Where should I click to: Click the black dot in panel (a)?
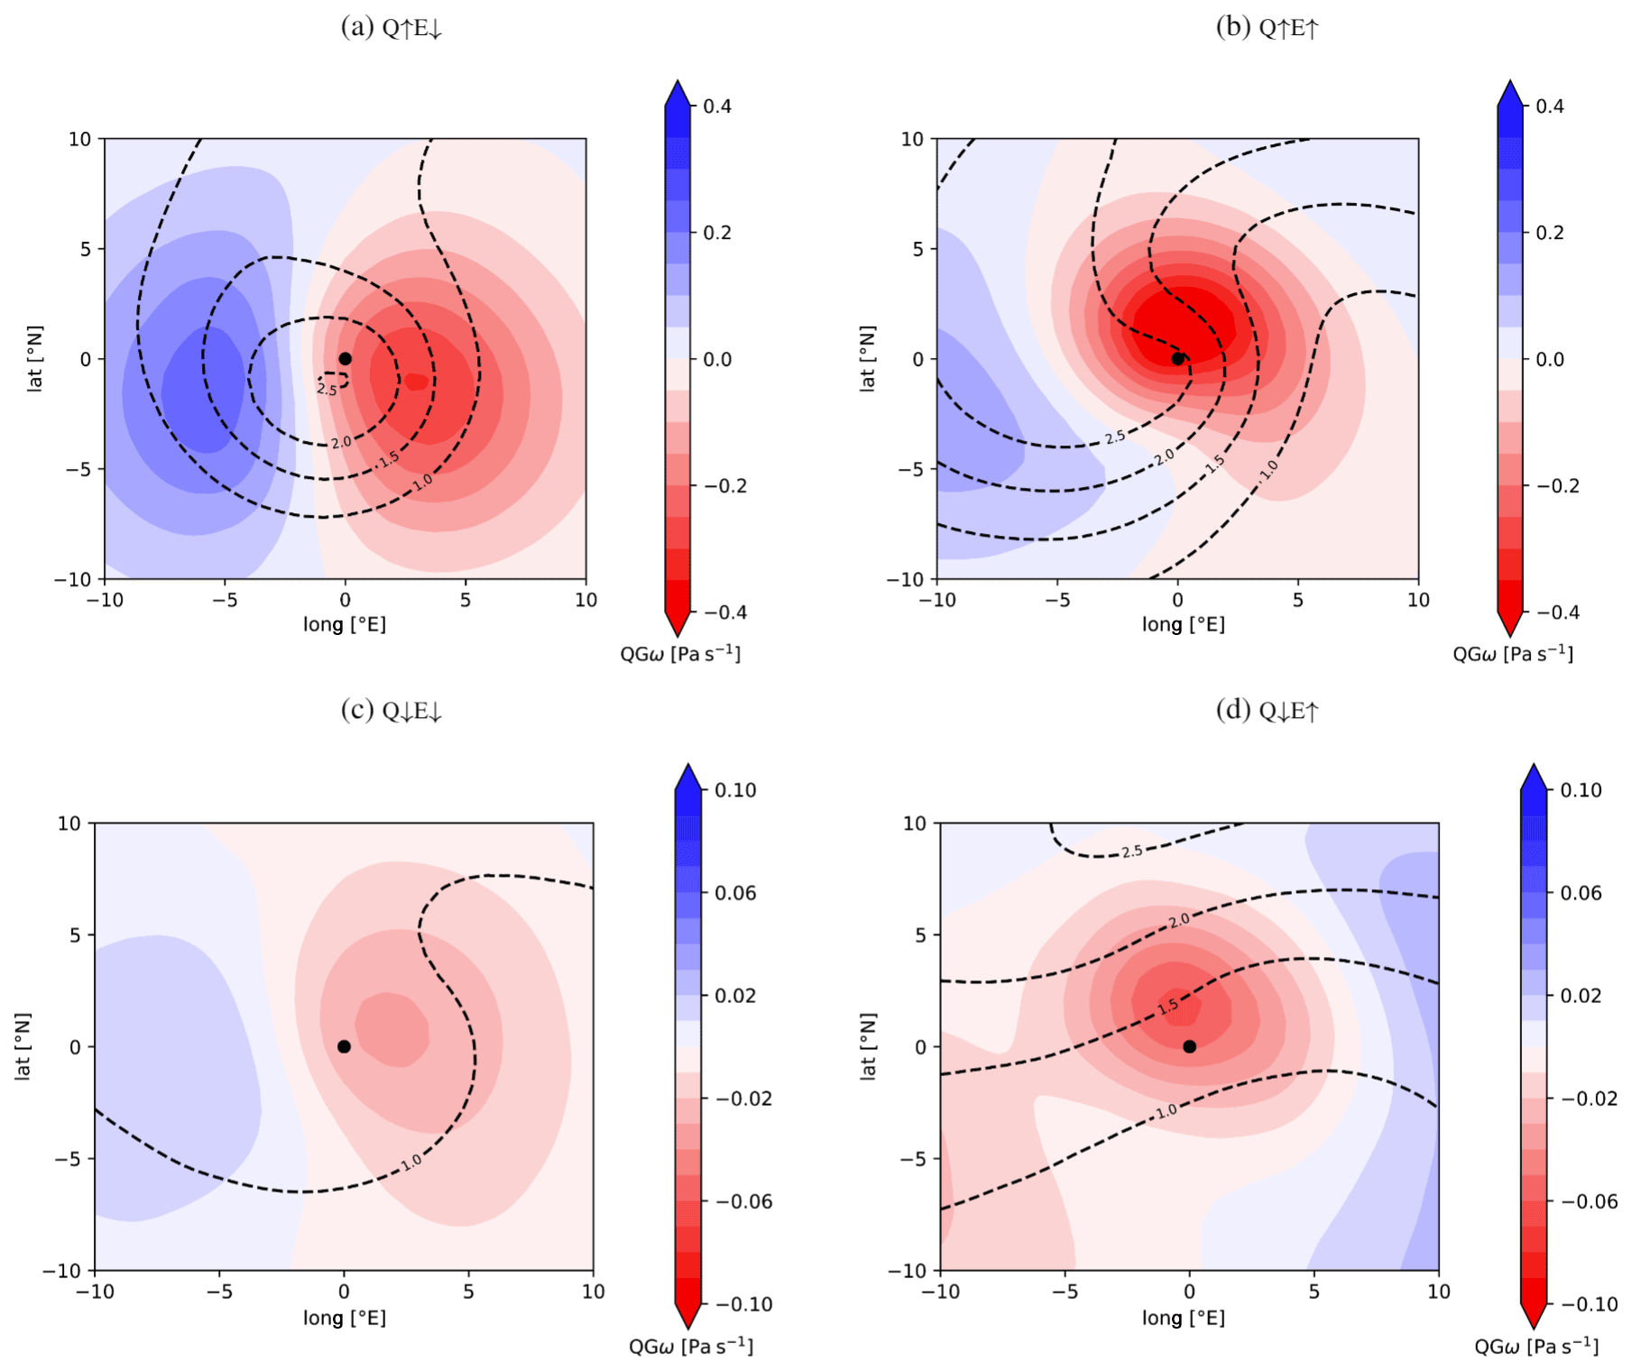pyautogui.click(x=345, y=359)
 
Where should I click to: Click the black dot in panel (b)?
pyautogui.click(x=1177, y=359)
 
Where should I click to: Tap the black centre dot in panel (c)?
pyautogui.click(x=344, y=1046)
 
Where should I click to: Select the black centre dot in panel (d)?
pyautogui.click(x=1190, y=1046)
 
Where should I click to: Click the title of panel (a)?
pyautogui.click(x=392, y=28)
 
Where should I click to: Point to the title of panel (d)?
pyautogui.click(x=1268, y=711)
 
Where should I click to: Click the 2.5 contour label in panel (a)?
pyautogui.click(x=327, y=390)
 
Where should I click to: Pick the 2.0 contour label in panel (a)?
pyautogui.click(x=341, y=443)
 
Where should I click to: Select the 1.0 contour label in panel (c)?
pyautogui.click(x=411, y=1163)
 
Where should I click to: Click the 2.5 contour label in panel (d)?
pyautogui.click(x=1132, y=851)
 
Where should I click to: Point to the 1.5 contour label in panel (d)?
pyautogui.click(x=1168, y=1006)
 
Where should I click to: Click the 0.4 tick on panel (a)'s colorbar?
pyautogui.click(x=717, y=106)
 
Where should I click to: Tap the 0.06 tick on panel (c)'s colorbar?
pyautogui.click(x=735, y=893)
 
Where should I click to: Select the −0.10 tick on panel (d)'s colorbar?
pyautogui.click(x=1589, y=1304)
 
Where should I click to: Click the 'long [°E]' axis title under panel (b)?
pyautogui.click(x=1183, y=624)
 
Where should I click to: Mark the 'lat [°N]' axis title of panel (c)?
pyautogui.click(x=23, y=1046)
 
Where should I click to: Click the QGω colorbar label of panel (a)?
pyautogui.click(x=680, y=654)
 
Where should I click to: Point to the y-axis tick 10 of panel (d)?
pyautogui.click(x=915, y=824)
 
